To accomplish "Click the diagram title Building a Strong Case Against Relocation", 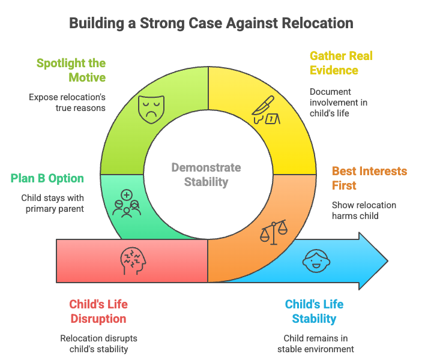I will click(x=211, y=23).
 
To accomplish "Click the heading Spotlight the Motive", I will click(x=71, y=70).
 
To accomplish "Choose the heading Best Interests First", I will click(x=369, y=178).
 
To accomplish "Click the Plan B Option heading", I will click(x=47, y=178).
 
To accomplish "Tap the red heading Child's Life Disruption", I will click(x=98, y=311).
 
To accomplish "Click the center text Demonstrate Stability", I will click(x=206, y=174).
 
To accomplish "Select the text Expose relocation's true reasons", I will click(x=67, y=102).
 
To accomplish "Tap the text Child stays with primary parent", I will click(x=53, y=203).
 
